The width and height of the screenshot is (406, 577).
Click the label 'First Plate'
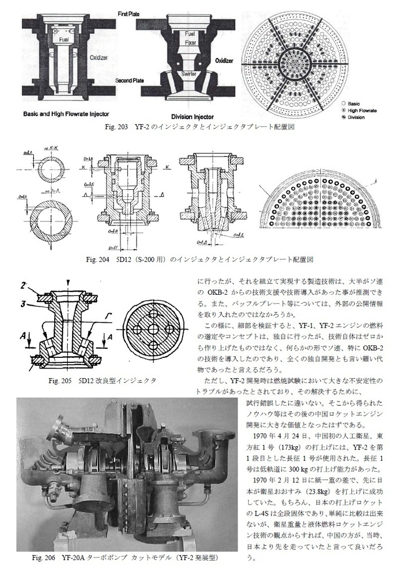[x=129, y=12]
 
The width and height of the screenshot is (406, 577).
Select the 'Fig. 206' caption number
[x=45, y=558]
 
